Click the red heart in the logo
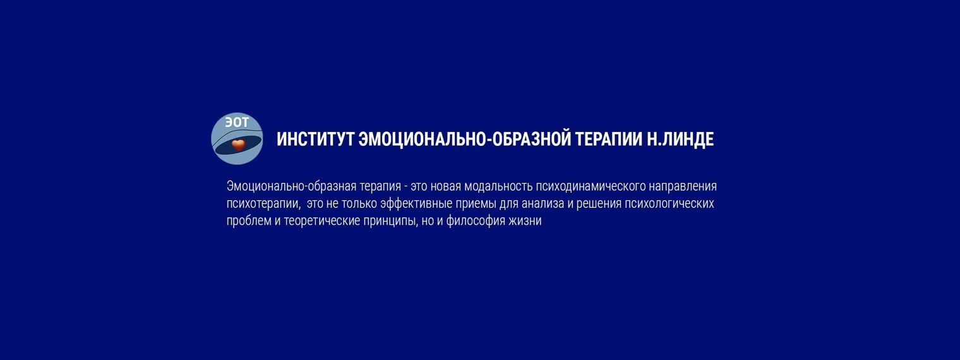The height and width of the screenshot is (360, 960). point(238,145)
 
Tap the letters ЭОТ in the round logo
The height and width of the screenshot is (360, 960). point(237,123)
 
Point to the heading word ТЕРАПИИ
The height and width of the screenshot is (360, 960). point(609,140)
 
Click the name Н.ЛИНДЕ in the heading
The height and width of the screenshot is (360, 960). point(680,140)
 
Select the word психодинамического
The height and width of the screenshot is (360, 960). point(591,187)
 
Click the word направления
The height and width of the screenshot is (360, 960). point(683,187)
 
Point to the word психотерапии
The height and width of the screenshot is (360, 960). point(263,204)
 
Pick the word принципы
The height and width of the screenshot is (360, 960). point(390,222)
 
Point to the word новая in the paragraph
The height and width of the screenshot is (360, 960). point(445,186)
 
